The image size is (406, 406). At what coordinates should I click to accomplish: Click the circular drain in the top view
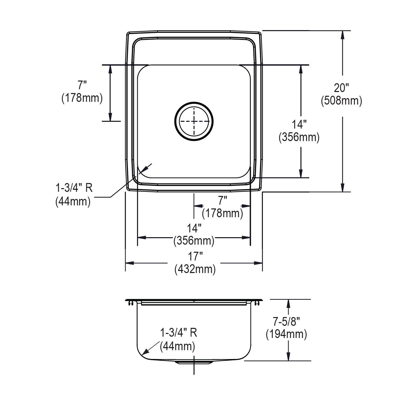pos(194,121)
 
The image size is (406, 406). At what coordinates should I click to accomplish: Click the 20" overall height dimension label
pos(341,88)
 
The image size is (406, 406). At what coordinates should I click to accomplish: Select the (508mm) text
pos(341,100)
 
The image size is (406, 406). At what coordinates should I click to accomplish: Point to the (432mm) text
pos(195,269)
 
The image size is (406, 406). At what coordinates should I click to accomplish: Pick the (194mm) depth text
pos(286,334)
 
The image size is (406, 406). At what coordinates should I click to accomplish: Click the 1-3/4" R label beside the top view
pos(74,188)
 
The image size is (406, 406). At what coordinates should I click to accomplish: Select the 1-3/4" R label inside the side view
pos(178,333)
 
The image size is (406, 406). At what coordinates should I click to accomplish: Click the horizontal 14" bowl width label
pos(194,228)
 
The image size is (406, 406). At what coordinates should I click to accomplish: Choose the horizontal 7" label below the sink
pos(222,201)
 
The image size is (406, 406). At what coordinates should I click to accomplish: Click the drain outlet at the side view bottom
pos(194,362)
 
